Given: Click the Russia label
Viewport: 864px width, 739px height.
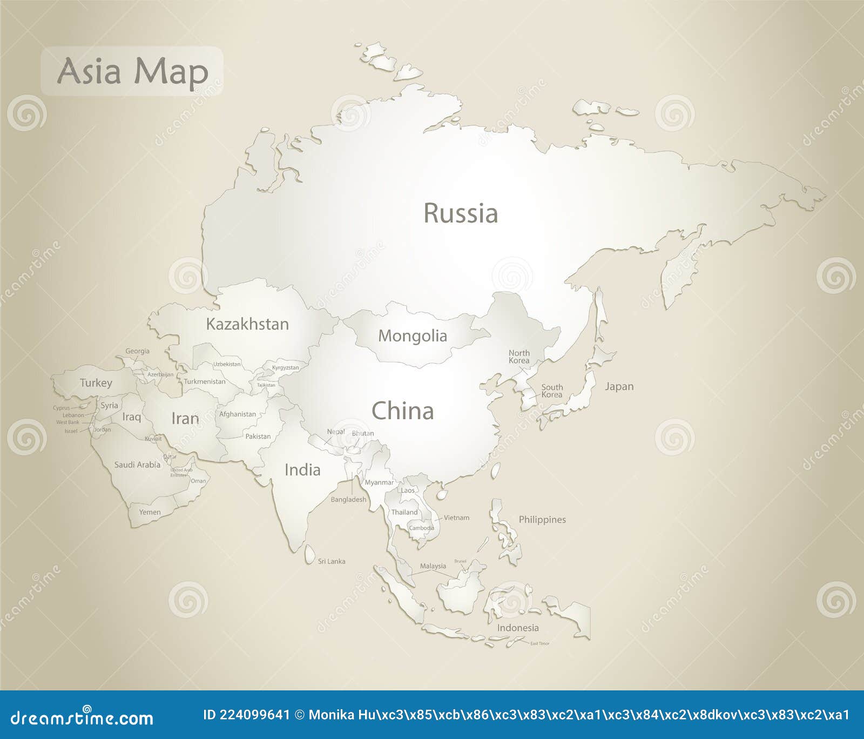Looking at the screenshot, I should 460,213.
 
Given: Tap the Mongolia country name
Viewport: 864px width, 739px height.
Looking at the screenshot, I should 413,335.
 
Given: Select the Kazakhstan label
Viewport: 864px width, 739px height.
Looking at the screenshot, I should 247,324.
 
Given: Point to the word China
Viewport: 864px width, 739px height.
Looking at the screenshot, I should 403,411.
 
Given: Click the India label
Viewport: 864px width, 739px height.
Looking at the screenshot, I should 302,470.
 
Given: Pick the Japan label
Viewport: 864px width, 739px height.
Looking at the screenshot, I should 619,386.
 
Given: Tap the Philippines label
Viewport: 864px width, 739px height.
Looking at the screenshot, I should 542,519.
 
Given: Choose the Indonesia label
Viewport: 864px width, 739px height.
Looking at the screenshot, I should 518,628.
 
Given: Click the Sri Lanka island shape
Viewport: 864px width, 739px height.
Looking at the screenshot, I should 309,554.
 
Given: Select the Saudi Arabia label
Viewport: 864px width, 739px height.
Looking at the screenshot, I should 137,465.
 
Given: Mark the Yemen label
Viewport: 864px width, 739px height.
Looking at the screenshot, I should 150,512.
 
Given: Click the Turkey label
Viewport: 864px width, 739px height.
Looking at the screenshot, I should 96,383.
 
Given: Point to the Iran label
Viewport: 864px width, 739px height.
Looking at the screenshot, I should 185,419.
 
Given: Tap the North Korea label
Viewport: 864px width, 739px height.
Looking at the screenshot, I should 519,357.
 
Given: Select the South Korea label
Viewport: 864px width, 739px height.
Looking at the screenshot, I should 552,391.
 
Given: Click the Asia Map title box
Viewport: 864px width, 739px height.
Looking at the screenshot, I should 132,71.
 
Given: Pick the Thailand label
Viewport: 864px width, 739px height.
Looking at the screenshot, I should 404,512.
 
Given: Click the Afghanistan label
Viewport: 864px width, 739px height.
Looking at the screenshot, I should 238,414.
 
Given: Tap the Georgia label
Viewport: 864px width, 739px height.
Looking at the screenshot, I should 137,351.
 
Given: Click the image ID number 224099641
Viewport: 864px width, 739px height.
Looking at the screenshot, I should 247,715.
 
